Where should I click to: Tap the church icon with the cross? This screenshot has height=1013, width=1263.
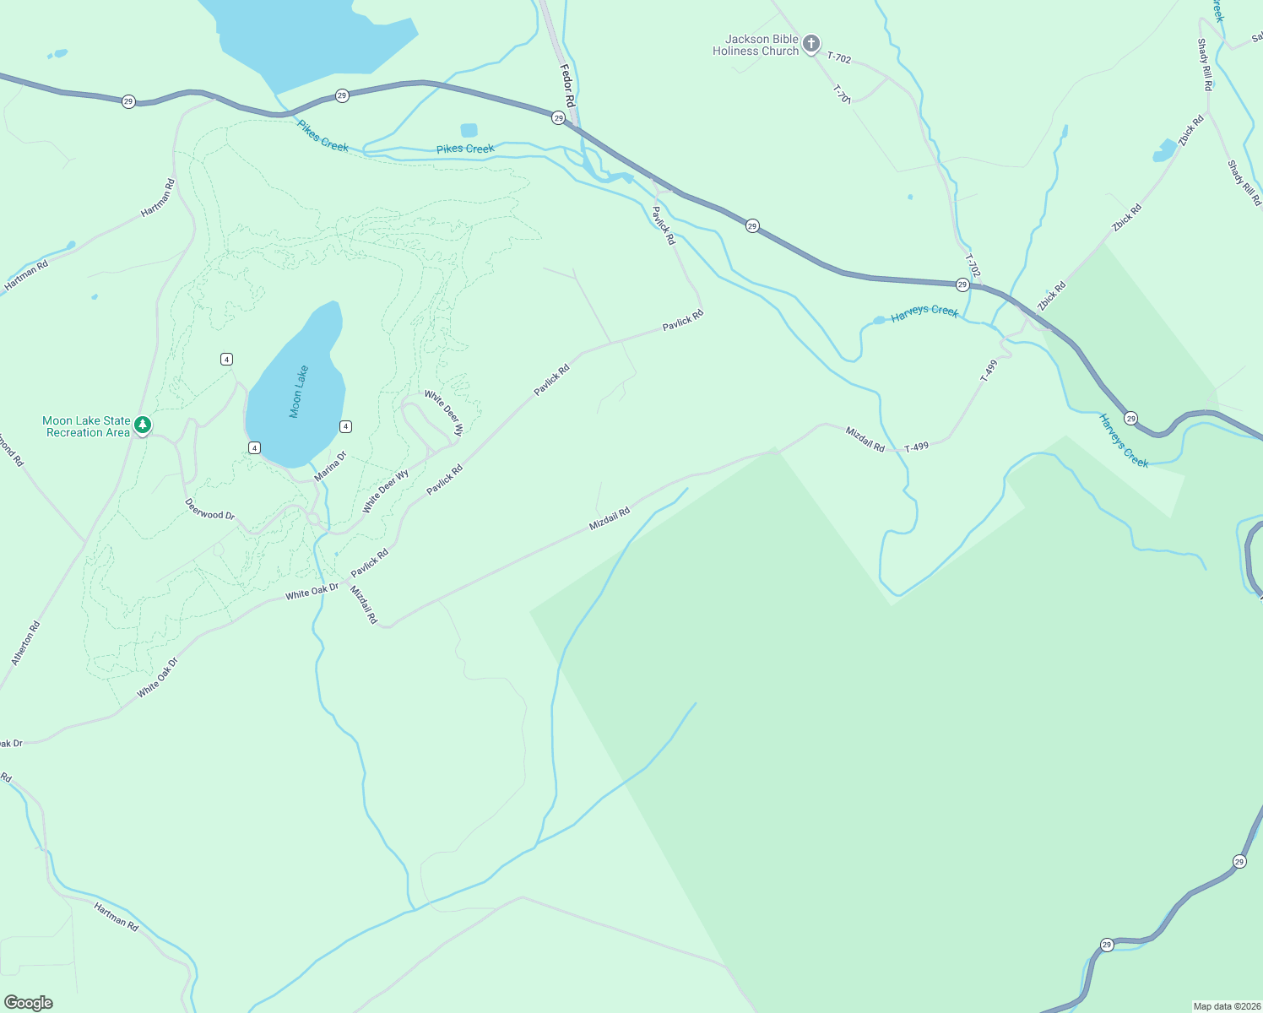coord(810,44)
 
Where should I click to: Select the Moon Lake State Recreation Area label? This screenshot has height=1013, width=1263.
coord(87,426)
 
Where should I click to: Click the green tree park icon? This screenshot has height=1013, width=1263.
coord(143,424)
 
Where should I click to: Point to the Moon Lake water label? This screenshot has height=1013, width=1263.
coord(299,392)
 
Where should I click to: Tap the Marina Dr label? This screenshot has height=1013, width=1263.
coord(330,467)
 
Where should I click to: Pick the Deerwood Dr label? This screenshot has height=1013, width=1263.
coord(210,509)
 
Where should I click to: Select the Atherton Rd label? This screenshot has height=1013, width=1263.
coord(26,643)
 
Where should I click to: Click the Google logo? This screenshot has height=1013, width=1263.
coord(28,1003)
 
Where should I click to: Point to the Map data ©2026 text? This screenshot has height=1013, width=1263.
coord(1225,1006)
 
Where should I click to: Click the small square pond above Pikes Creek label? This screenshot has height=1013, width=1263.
coord(469,130)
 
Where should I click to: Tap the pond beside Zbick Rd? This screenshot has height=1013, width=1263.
coord(1164,152)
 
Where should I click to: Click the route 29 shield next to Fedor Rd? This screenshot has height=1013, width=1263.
coord(558,118)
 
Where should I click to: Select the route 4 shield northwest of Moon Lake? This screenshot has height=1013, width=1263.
coord(226,360)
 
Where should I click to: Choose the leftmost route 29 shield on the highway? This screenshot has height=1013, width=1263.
coord(128,101)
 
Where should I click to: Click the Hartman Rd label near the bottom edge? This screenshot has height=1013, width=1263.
coord(116,916)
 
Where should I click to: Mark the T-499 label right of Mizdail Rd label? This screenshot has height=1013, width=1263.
coord(916,447)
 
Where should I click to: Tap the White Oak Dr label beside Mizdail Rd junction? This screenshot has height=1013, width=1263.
coord(312,590)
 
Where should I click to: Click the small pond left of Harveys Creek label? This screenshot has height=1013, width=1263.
coord(879,321)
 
